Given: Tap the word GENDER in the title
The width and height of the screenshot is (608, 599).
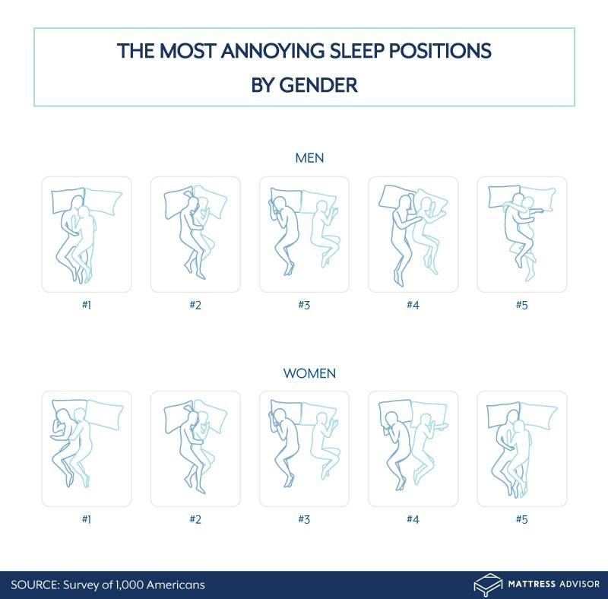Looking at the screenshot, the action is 318,85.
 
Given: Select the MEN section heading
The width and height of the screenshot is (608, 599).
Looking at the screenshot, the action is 309,158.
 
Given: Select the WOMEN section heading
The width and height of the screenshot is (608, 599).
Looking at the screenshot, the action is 309,373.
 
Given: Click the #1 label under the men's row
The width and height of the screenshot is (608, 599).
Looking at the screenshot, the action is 87,305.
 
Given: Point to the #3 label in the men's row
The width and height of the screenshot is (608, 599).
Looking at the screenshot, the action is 304,305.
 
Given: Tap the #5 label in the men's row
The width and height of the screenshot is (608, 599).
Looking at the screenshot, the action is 521,305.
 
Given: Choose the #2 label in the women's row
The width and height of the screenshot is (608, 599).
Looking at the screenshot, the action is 195,519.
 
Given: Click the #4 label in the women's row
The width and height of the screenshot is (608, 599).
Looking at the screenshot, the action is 413,519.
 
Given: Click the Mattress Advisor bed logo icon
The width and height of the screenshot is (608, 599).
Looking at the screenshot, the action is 488,585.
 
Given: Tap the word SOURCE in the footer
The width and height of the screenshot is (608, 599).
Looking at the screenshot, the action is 35,585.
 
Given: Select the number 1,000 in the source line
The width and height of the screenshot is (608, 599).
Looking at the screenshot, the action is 129,585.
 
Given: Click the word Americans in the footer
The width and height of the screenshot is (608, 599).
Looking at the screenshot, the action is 176,585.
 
